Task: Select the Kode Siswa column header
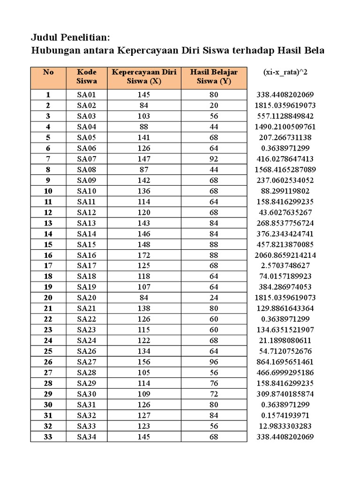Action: pyautogui.click(x=87, y=76)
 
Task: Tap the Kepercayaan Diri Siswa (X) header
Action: pyautogui.click(x=144, y=76)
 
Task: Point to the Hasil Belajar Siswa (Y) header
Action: pyautogui.click(x=214, y=76)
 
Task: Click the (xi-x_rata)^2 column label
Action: pyautogui.click(x=285, y=72)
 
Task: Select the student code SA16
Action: pyautogui.click(x=87, y=255)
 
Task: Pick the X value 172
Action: pyautogui.click(x=144, y=255)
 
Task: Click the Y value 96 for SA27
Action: pyautogui.click(x=214, y=362)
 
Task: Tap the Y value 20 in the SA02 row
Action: pyautogui.click(x=214, y=105)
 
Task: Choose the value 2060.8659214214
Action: pyautogui.click(x=285, y=255)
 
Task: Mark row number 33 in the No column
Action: pyautogui.click(x=48, y=437)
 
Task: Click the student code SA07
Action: pyautogui.click(x=87, y=158)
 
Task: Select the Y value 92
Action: pyautogui.click(x=214, y=158)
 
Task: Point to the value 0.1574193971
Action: pyautogui.click(x=285, y=415)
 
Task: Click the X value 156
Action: pyautogui.click(x=144, y=362)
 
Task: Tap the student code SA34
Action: pyautogui.click(x=87, y=437)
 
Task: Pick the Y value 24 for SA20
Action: pyautogui.click(x=214, y=298)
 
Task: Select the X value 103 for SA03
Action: pyautogui.click(x=144, y=116)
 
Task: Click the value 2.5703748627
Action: pyautogui.click(x=285, y=266)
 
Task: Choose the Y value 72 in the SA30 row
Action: pyautogui.click(x=214, y=394)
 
